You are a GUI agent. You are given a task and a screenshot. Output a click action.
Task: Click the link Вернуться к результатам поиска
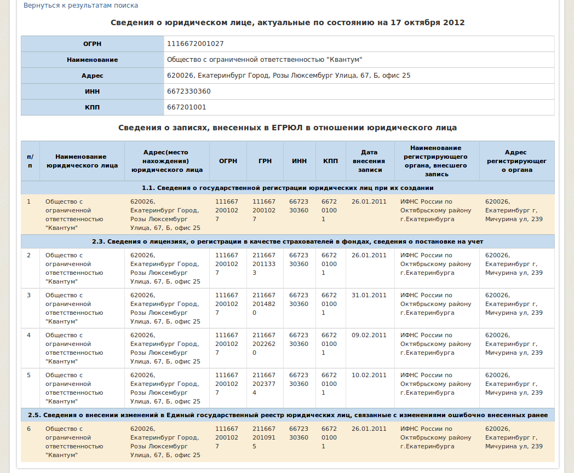81,5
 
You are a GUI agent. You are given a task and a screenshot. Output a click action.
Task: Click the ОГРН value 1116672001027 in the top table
195,44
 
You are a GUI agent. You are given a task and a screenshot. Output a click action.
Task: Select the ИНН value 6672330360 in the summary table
188,91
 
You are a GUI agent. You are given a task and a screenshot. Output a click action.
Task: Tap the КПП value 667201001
186,107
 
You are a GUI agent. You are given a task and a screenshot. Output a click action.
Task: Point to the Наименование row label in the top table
92,60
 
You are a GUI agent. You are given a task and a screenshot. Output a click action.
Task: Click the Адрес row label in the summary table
92,76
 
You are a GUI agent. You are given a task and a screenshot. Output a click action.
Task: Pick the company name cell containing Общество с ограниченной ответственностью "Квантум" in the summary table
265,60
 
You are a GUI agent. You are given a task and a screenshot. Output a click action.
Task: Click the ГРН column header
265,161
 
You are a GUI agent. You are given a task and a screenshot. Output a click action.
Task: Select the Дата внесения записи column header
370,161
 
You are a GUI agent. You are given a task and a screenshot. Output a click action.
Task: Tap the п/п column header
30,161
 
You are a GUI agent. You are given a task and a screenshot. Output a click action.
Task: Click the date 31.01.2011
369,296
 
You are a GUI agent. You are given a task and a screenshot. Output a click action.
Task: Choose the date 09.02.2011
369,336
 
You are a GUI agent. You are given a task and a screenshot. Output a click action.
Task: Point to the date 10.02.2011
369,376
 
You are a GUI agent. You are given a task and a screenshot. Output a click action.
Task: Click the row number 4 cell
29,336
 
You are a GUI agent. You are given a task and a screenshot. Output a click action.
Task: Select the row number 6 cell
29,429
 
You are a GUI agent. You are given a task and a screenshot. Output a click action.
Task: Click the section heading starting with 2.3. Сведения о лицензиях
288,241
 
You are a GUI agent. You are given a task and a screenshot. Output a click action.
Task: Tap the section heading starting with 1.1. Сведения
288,188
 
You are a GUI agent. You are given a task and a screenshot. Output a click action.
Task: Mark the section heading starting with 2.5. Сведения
288,415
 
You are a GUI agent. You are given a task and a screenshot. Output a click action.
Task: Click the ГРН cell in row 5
264,384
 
